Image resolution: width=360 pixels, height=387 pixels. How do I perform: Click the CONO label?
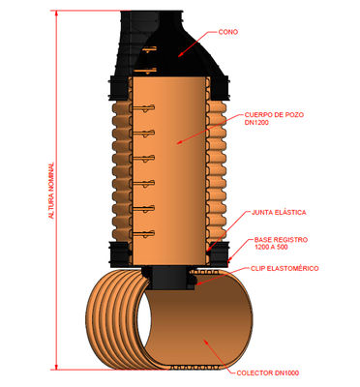[228, 32]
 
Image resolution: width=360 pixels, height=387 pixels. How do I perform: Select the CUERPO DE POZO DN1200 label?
[274, 118]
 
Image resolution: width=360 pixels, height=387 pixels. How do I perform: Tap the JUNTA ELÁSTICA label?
[279, 213]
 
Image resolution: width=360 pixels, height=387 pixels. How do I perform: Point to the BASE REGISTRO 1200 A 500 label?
[281, 244]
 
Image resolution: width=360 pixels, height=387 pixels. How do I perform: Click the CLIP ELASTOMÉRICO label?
[285, 268]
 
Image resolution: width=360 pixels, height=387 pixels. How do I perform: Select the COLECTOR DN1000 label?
[268, 372]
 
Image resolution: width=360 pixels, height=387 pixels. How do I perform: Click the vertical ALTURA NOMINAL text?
[51, 191]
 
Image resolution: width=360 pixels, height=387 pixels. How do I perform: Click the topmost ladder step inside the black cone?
[150, 49]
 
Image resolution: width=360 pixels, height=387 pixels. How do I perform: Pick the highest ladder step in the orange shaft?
[144, 108]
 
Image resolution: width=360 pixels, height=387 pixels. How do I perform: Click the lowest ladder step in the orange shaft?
[144, 233]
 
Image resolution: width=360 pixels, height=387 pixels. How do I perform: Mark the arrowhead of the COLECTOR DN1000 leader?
[205, 342]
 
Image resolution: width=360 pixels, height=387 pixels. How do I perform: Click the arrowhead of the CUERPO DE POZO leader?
[178, 141]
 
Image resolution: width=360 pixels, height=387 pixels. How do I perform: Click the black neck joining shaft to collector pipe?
[168, 278]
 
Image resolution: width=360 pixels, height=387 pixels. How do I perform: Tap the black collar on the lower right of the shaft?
[218, 254]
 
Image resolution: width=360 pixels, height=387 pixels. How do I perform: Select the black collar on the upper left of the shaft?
[120, 88]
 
